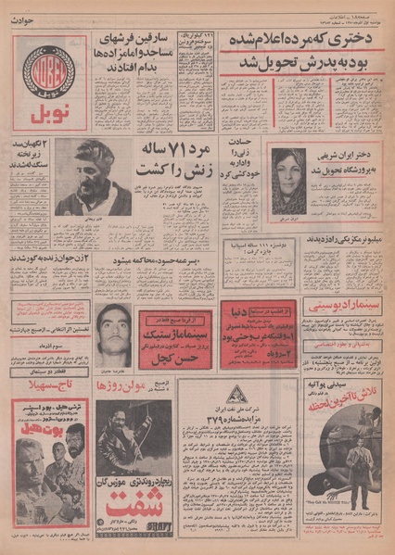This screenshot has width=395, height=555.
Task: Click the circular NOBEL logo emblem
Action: pos(48,67)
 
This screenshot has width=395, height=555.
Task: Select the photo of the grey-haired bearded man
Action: pos(102,176)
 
